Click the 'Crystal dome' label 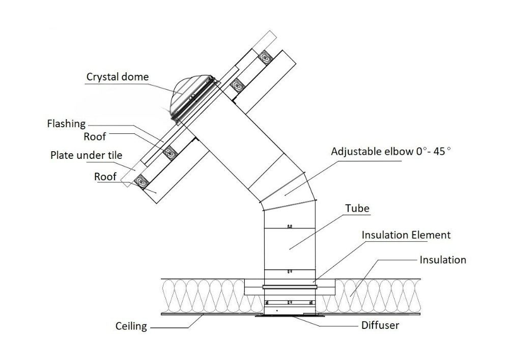click(118, 77)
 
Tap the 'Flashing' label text click(66, 124)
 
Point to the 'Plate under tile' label click(86, 155)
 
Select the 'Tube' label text click(357, 209)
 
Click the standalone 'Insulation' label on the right click(442, 260)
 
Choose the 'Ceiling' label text click(131, 326)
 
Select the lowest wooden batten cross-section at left click(141, 181)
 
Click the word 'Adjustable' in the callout click(355, 151)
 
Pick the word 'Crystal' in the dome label click(102, 77)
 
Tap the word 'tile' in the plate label click(113, 155)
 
